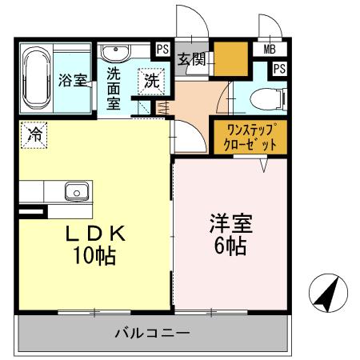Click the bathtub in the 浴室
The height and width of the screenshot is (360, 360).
click(36, 79)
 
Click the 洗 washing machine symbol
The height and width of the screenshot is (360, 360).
click(151, 80)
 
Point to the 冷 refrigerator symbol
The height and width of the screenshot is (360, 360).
click(34, 134)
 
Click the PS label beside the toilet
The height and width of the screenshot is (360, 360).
click(278, 69)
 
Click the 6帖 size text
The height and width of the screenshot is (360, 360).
click(228, 246)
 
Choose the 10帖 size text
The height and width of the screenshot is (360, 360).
click(94, 257)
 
